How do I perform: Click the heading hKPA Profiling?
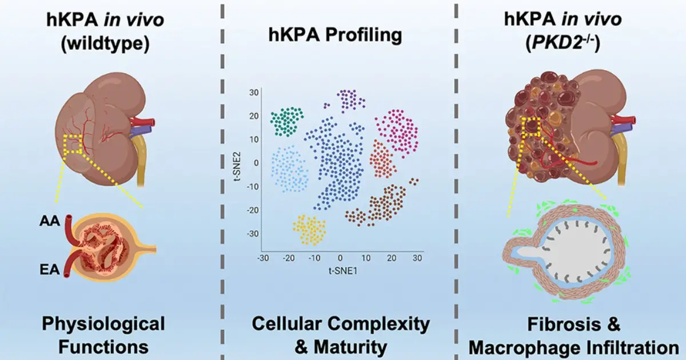pos(336,35)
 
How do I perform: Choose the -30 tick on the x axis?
pos(262,258)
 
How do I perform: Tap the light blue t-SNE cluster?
pos(289,170)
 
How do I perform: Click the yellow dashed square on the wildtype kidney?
pos(74,145)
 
